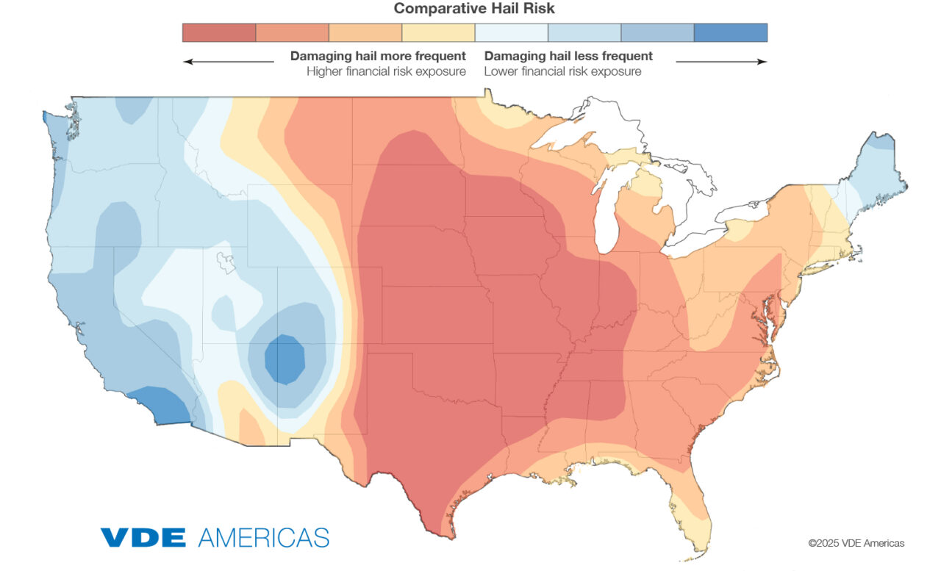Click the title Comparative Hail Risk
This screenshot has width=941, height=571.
coord(474,9)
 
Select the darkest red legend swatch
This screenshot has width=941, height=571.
coord(219,32)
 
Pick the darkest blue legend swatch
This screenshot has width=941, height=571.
coord(730,32)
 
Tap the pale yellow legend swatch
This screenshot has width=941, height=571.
coord(438,32)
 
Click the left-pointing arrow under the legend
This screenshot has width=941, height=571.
coord(228,62)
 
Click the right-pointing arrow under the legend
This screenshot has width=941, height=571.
coord(721,62)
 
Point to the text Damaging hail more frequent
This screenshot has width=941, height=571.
coord(378,56)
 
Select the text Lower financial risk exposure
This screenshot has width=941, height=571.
coord(562,71)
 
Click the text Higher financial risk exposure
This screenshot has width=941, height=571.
coord(386,71)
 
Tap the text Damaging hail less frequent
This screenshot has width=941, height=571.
coord(568,56)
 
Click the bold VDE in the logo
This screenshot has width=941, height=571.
coord(143,536)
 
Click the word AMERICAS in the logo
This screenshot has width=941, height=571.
coord(263,536)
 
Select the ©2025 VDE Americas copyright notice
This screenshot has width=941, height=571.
coord(856,543)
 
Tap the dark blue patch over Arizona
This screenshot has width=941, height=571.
coord(285,359)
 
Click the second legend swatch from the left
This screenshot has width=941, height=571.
coord(292,32)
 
